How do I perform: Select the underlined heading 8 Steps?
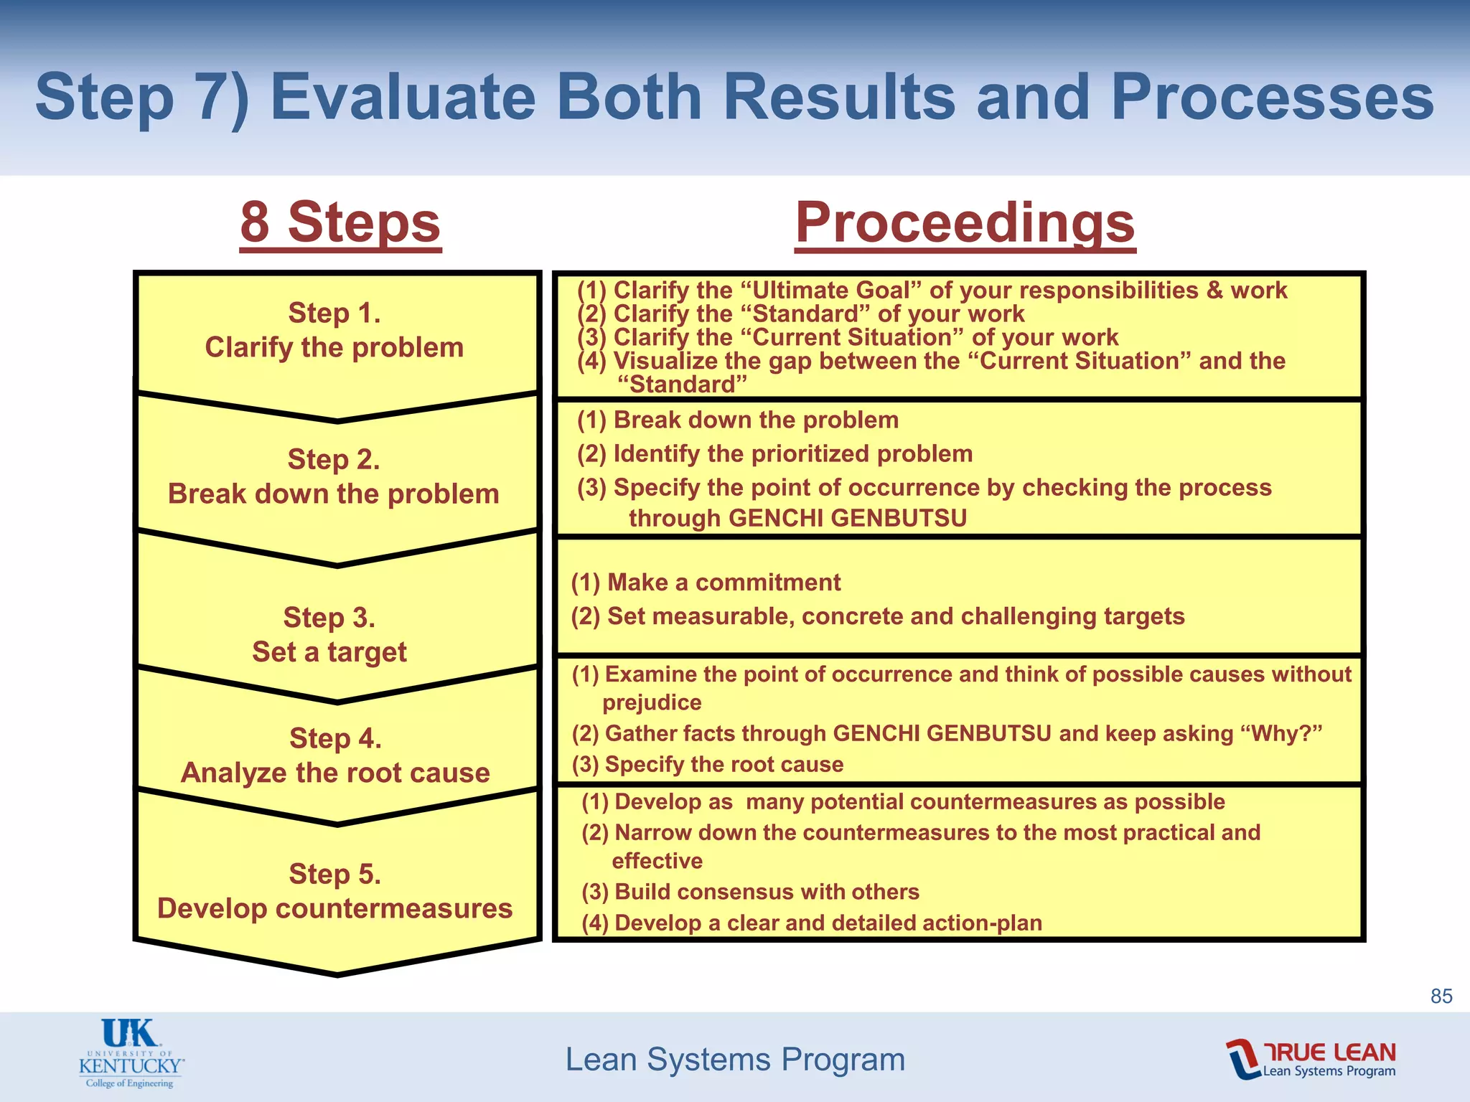[x=340, y=222]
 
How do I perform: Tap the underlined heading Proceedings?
[x=965, y=222]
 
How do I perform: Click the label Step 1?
[x=334, y=314]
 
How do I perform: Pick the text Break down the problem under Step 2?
[x=334, y=494]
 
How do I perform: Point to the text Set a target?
[x=329, y=652]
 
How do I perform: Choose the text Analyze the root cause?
[x=335, y=773]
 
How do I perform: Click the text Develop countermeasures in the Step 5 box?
[x=334, y=908]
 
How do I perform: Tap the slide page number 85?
[x=1441, y=996]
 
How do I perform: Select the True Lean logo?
[x=1311, y=1059]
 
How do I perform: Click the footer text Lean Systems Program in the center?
[x=735, y=1060]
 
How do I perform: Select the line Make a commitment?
[x=706, y=583]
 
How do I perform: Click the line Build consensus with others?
[x=750, y=892]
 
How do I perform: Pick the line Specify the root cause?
[x=708, y=765]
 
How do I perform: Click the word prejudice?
[x=652, y=703]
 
